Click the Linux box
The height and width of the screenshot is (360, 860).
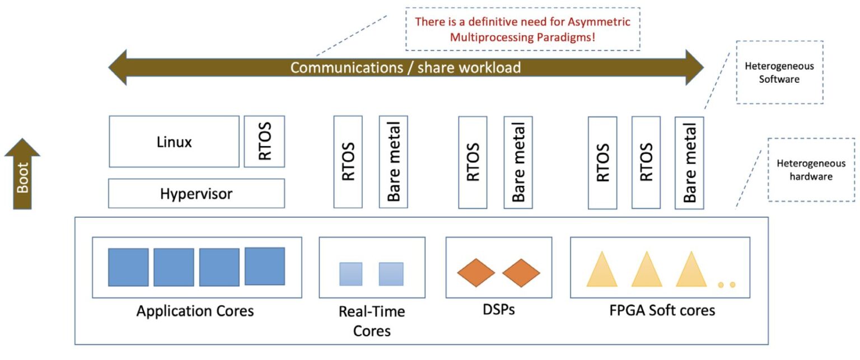[x=174, y=142]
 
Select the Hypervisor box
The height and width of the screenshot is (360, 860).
[x=196, y=194]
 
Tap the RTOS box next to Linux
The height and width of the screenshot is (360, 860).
[x=264, y=142]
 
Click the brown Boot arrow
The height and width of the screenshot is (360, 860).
[x=22, y=175]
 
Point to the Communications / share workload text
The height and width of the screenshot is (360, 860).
[x=405, y=68]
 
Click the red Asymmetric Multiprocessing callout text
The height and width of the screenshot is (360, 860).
[x=522, y=30]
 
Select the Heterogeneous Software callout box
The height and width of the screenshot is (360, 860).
[x=779, y=72]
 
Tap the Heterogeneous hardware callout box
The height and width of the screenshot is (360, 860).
[x=811, y=170]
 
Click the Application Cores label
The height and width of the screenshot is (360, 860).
[x=195, y=311]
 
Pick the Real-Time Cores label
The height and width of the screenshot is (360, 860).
[x=371, y=321]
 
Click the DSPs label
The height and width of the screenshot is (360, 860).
[x=498, y=309]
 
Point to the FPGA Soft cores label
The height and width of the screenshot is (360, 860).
[x=662, y=310]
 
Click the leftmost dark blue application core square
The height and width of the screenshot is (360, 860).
[x=128, y=267]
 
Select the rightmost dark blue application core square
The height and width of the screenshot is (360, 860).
[x=264, y=266]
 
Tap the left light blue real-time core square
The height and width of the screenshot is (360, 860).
[x=350, y=274]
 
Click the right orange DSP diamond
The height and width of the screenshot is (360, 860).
[x=521, y=273]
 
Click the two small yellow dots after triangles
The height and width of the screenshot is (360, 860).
[x=727, y=285]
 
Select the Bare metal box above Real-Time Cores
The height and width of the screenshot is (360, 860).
[x=393, y=162]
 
